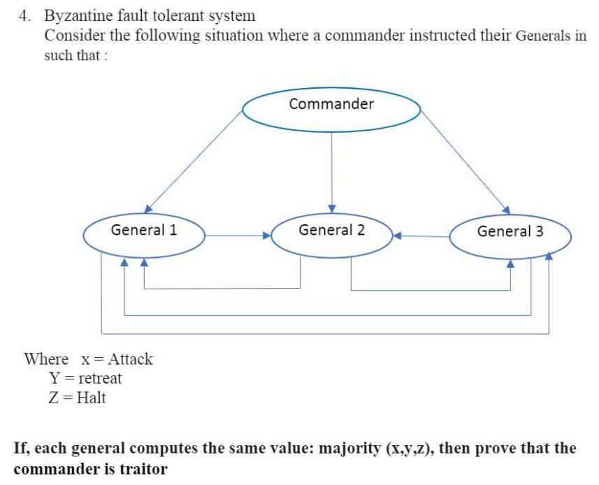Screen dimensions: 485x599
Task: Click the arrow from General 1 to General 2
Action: [x=238, y=236]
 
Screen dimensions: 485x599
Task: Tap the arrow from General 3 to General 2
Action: [x=422, y=236]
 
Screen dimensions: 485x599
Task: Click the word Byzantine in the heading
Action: [x=77, y=15]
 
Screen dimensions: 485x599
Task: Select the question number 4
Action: [x=23, y=15]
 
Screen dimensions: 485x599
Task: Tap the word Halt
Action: [x=91, y=398]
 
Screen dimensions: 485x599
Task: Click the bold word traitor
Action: [x=144, y=469]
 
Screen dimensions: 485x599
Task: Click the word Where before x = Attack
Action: [x=46, y=359]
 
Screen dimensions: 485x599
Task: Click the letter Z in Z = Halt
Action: [x=46, y=398]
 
